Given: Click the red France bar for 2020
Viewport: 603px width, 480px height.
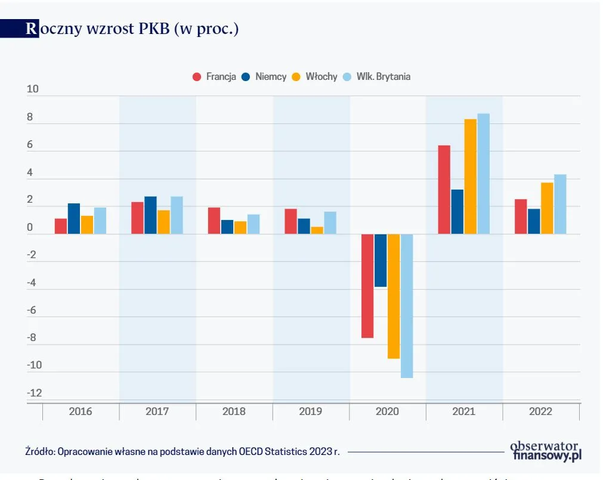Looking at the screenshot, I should [367, 286].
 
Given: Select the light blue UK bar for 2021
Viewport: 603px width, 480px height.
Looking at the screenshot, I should [483, 174].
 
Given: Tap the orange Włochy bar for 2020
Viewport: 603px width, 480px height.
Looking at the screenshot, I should [394, 296].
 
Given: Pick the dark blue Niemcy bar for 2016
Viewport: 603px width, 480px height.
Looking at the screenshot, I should [73, 219].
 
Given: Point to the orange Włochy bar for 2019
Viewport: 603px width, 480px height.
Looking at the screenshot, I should [317, 230].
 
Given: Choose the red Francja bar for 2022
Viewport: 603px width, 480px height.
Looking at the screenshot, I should [521, 216].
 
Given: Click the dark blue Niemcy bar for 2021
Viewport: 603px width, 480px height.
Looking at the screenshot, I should [457, 212].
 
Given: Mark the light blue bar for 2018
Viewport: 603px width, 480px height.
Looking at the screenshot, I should [253, 224].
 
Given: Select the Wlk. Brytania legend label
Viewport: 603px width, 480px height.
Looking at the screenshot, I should [383, 77].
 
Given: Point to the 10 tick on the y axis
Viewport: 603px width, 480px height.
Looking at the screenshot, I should [33, 89].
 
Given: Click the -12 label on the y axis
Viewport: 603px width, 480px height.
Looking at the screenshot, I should [35, 393].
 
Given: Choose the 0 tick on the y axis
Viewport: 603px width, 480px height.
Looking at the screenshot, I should [30, 227].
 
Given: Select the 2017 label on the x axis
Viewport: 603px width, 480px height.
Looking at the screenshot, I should [157, 411].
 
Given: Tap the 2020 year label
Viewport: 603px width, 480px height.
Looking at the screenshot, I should [387, 411].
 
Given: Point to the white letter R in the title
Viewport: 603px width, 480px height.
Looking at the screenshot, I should [31, 29].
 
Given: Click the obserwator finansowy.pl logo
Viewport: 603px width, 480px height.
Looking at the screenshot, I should [545, 451].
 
